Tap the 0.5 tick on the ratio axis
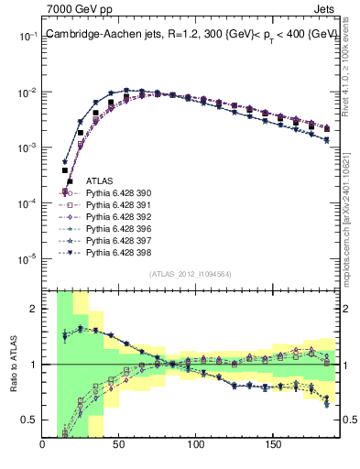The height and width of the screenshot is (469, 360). click(x=30, y=420)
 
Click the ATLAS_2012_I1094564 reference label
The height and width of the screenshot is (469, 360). click(x=190, y=273)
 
